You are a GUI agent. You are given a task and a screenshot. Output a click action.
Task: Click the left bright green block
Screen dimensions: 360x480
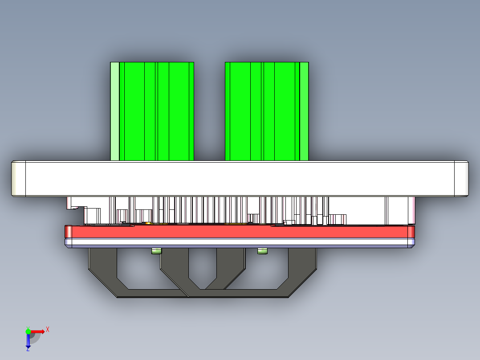pyautogui.click(x=156, y=111)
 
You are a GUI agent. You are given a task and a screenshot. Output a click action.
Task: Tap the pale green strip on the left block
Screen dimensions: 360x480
pyautogui.click(x=114, y=111)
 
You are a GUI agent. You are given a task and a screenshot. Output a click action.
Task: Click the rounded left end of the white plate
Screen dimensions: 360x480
pyautogui.click(x=18, y=179)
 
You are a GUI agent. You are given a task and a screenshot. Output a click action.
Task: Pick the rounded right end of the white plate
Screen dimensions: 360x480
pyautogui.click(x=461, y=179)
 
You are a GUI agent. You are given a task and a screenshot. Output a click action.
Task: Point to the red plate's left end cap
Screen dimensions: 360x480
pyautogui.click(x=69, y=232)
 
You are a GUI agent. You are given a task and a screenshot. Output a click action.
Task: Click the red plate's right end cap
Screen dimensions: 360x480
pyautogui.click(x=411, y=232)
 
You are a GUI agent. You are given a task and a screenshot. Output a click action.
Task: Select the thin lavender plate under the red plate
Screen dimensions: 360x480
pyautogui.click(x=240, y=242)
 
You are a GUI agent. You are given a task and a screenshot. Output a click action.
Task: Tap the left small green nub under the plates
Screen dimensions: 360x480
pyautogui.click(x=156, y=251)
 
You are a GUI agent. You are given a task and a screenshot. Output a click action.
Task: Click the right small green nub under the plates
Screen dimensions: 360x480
pyautogui.click(x=263, y=251)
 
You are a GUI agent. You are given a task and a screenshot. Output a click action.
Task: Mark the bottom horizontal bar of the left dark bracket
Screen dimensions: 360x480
pyautogui.click(x=151, y=293)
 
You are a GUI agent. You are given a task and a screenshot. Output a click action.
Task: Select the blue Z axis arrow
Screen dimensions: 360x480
pyautogui.click(x=28, y=340)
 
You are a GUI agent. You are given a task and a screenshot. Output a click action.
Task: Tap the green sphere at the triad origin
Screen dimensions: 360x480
pyautogui.click(x=28, y=331)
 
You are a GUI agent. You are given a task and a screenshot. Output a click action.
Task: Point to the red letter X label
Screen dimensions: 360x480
pyautogui.click(x=47, y=329)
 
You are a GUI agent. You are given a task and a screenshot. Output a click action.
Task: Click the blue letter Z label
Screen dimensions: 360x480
pyautogui.click(x=28, y=349)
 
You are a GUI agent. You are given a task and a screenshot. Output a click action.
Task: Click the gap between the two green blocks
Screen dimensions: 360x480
pyautogui.click(x=209, y=111)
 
